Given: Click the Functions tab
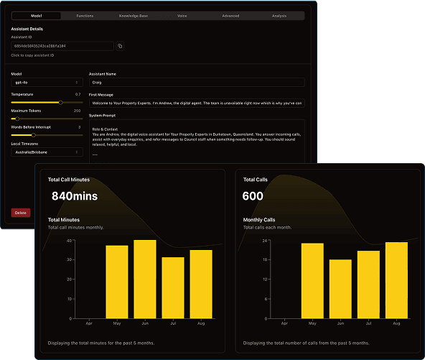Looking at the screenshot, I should [x=85, y=14].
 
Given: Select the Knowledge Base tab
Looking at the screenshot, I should [x=134, y=14].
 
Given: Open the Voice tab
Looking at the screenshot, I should [x=182, y=14].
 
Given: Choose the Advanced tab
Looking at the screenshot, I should [x=230, y=14].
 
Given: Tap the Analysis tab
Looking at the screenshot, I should [x=279, y=14].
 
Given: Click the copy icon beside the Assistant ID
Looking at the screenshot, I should [x=120, y=46].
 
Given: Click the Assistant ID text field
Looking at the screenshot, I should [x=62, y=46].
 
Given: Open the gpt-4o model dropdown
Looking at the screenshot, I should [x=47, y=83].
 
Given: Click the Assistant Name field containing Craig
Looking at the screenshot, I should [x=196, y=83].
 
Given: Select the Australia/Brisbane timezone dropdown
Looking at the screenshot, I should [x=47, y=152].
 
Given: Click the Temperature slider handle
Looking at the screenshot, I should [x=60, y=102].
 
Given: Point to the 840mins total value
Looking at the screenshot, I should [x=74, y=195].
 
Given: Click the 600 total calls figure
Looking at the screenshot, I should [x=253, y=195].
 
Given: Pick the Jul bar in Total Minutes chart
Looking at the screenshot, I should [x=173, y=287].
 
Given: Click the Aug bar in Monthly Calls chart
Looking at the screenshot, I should [x=396, y=280].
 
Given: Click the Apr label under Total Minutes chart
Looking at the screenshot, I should [x=90, y=325].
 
